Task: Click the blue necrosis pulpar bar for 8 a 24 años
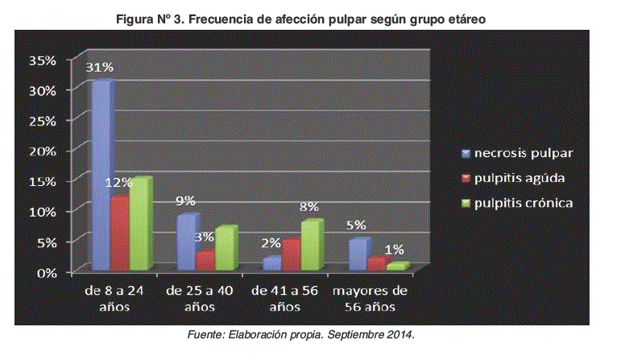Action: (101, 176)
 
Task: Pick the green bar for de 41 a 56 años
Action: (310, 245)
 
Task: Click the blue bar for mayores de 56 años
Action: (358, 254)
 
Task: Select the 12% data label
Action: (118, 183)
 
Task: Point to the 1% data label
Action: (395, 250)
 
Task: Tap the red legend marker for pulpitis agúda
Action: (466, 178)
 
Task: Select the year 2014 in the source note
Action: (400, 333)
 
